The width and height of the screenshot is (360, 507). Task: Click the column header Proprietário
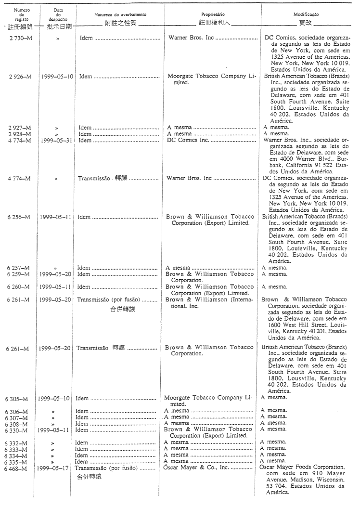click(x=211, y=16)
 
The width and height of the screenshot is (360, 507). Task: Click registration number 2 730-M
click(x=19, y=37)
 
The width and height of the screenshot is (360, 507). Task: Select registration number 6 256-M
click(x=19, y=217)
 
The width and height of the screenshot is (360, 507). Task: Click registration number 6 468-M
click(x=19, y=468)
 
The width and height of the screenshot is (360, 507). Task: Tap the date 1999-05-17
click(x=56, y=468)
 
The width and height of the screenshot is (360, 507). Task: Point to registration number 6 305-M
click(x=19, y=399)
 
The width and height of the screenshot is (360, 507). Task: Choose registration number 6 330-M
click(x=19, y=429)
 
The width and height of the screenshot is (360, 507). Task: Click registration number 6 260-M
click(x=19, y=287)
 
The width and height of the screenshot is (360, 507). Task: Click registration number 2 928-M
click(x=19, y=134)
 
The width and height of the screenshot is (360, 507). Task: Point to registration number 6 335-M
click(x=19, y=461)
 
